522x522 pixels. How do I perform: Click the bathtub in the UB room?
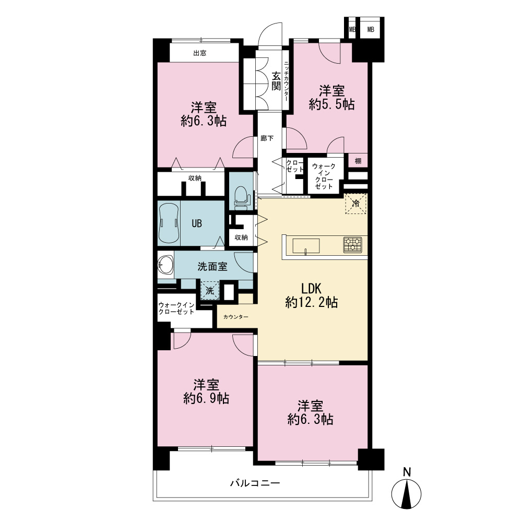click(169, 223)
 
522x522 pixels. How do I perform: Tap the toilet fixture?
click(241, 197)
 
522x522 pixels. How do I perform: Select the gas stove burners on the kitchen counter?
click(352, 244)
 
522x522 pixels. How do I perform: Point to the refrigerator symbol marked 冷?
click(355, 204)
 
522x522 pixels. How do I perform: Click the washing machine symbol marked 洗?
click(210, 290)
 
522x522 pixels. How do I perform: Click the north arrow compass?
click(406, 493)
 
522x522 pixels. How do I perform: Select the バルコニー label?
click(255, 483)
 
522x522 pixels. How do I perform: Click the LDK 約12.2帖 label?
click(312, 295)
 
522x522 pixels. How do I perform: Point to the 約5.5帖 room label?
click(331, 98)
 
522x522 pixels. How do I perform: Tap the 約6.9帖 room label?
click(206, 391)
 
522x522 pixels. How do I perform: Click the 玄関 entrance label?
click(276, 81)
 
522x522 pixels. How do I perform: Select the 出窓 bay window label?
click(200, 53)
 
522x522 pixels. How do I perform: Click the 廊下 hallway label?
click(267, 138)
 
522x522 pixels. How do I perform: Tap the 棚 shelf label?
click(358, 161)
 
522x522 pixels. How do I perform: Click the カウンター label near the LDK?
click(236, 317)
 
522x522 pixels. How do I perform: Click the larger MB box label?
click(371, 29)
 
